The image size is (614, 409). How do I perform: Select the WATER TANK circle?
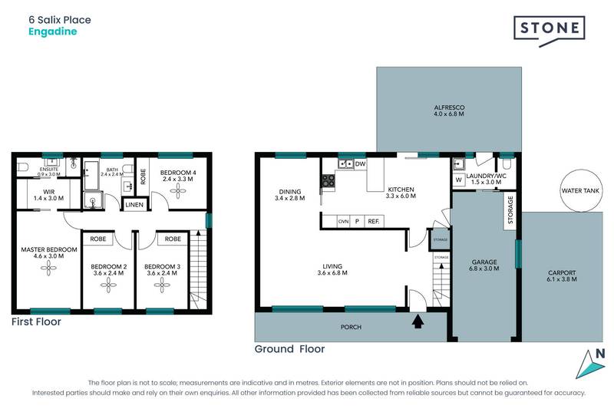[x=582, y=190]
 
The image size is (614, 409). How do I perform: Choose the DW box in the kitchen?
[x=360, y=163]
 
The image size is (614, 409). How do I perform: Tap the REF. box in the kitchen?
[x=374, y=222]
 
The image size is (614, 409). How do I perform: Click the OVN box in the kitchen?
[x=343, y=222]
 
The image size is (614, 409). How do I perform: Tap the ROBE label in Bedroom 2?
[x=98, y=239]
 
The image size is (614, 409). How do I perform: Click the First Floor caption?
[x=36, y=322]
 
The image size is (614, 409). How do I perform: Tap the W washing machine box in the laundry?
[x=459, y=180]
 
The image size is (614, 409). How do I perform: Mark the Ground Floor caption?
[x=289, y=349]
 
